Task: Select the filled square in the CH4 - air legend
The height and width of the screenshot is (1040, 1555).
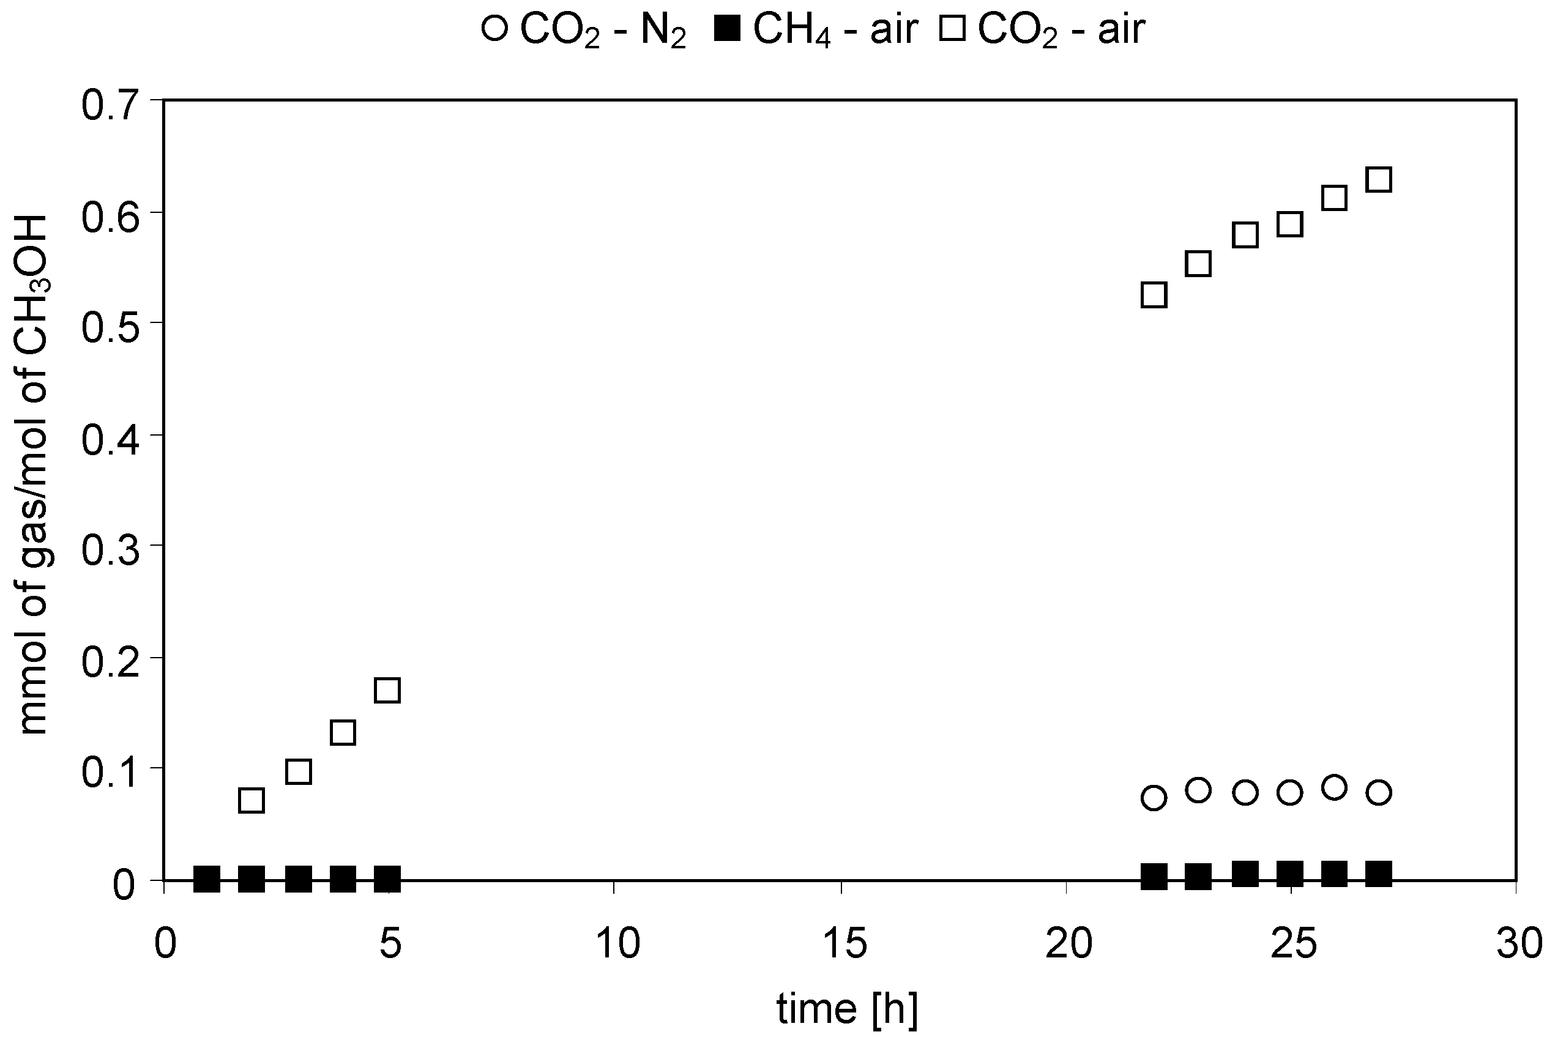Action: (727, 30)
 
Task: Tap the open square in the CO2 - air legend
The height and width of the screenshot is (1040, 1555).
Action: (952, 30)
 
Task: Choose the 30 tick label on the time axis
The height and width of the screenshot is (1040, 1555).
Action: (1519, 945)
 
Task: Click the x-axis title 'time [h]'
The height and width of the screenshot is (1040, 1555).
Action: (847, 1009)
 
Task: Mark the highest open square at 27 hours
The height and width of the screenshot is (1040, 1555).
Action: (1379, 180)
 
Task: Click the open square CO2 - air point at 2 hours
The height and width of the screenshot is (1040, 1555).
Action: (251, 801)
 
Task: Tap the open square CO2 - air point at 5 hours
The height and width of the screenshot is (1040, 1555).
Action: (387, 691)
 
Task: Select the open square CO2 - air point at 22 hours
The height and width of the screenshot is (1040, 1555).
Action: (1154, 294)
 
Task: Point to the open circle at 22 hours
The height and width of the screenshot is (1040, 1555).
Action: (1154, 798)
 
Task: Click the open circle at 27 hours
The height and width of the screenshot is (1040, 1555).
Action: (1379, 793)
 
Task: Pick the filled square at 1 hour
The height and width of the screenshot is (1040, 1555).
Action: (206, 880)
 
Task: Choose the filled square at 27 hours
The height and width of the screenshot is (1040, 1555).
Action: (1379, 874)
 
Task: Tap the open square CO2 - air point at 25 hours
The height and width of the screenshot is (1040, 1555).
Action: (1289, 224)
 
